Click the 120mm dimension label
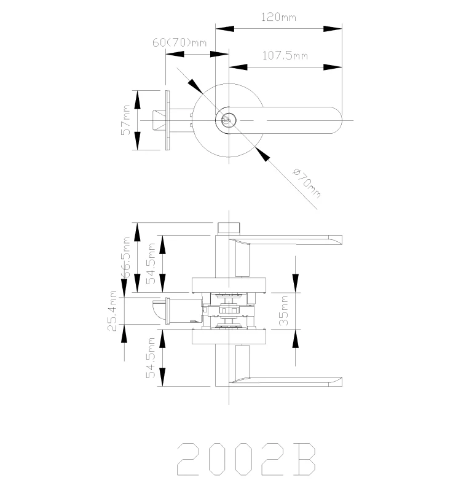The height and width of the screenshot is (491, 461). (278, 17)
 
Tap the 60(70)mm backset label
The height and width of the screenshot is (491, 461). (179, 42)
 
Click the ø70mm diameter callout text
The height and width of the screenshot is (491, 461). (306, 182)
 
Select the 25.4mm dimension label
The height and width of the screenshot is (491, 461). (112, 311)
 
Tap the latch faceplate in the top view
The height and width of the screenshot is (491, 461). (167, 120)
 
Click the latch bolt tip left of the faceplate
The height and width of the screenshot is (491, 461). (157, 120)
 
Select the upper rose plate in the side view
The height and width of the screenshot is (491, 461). (229, 284)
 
